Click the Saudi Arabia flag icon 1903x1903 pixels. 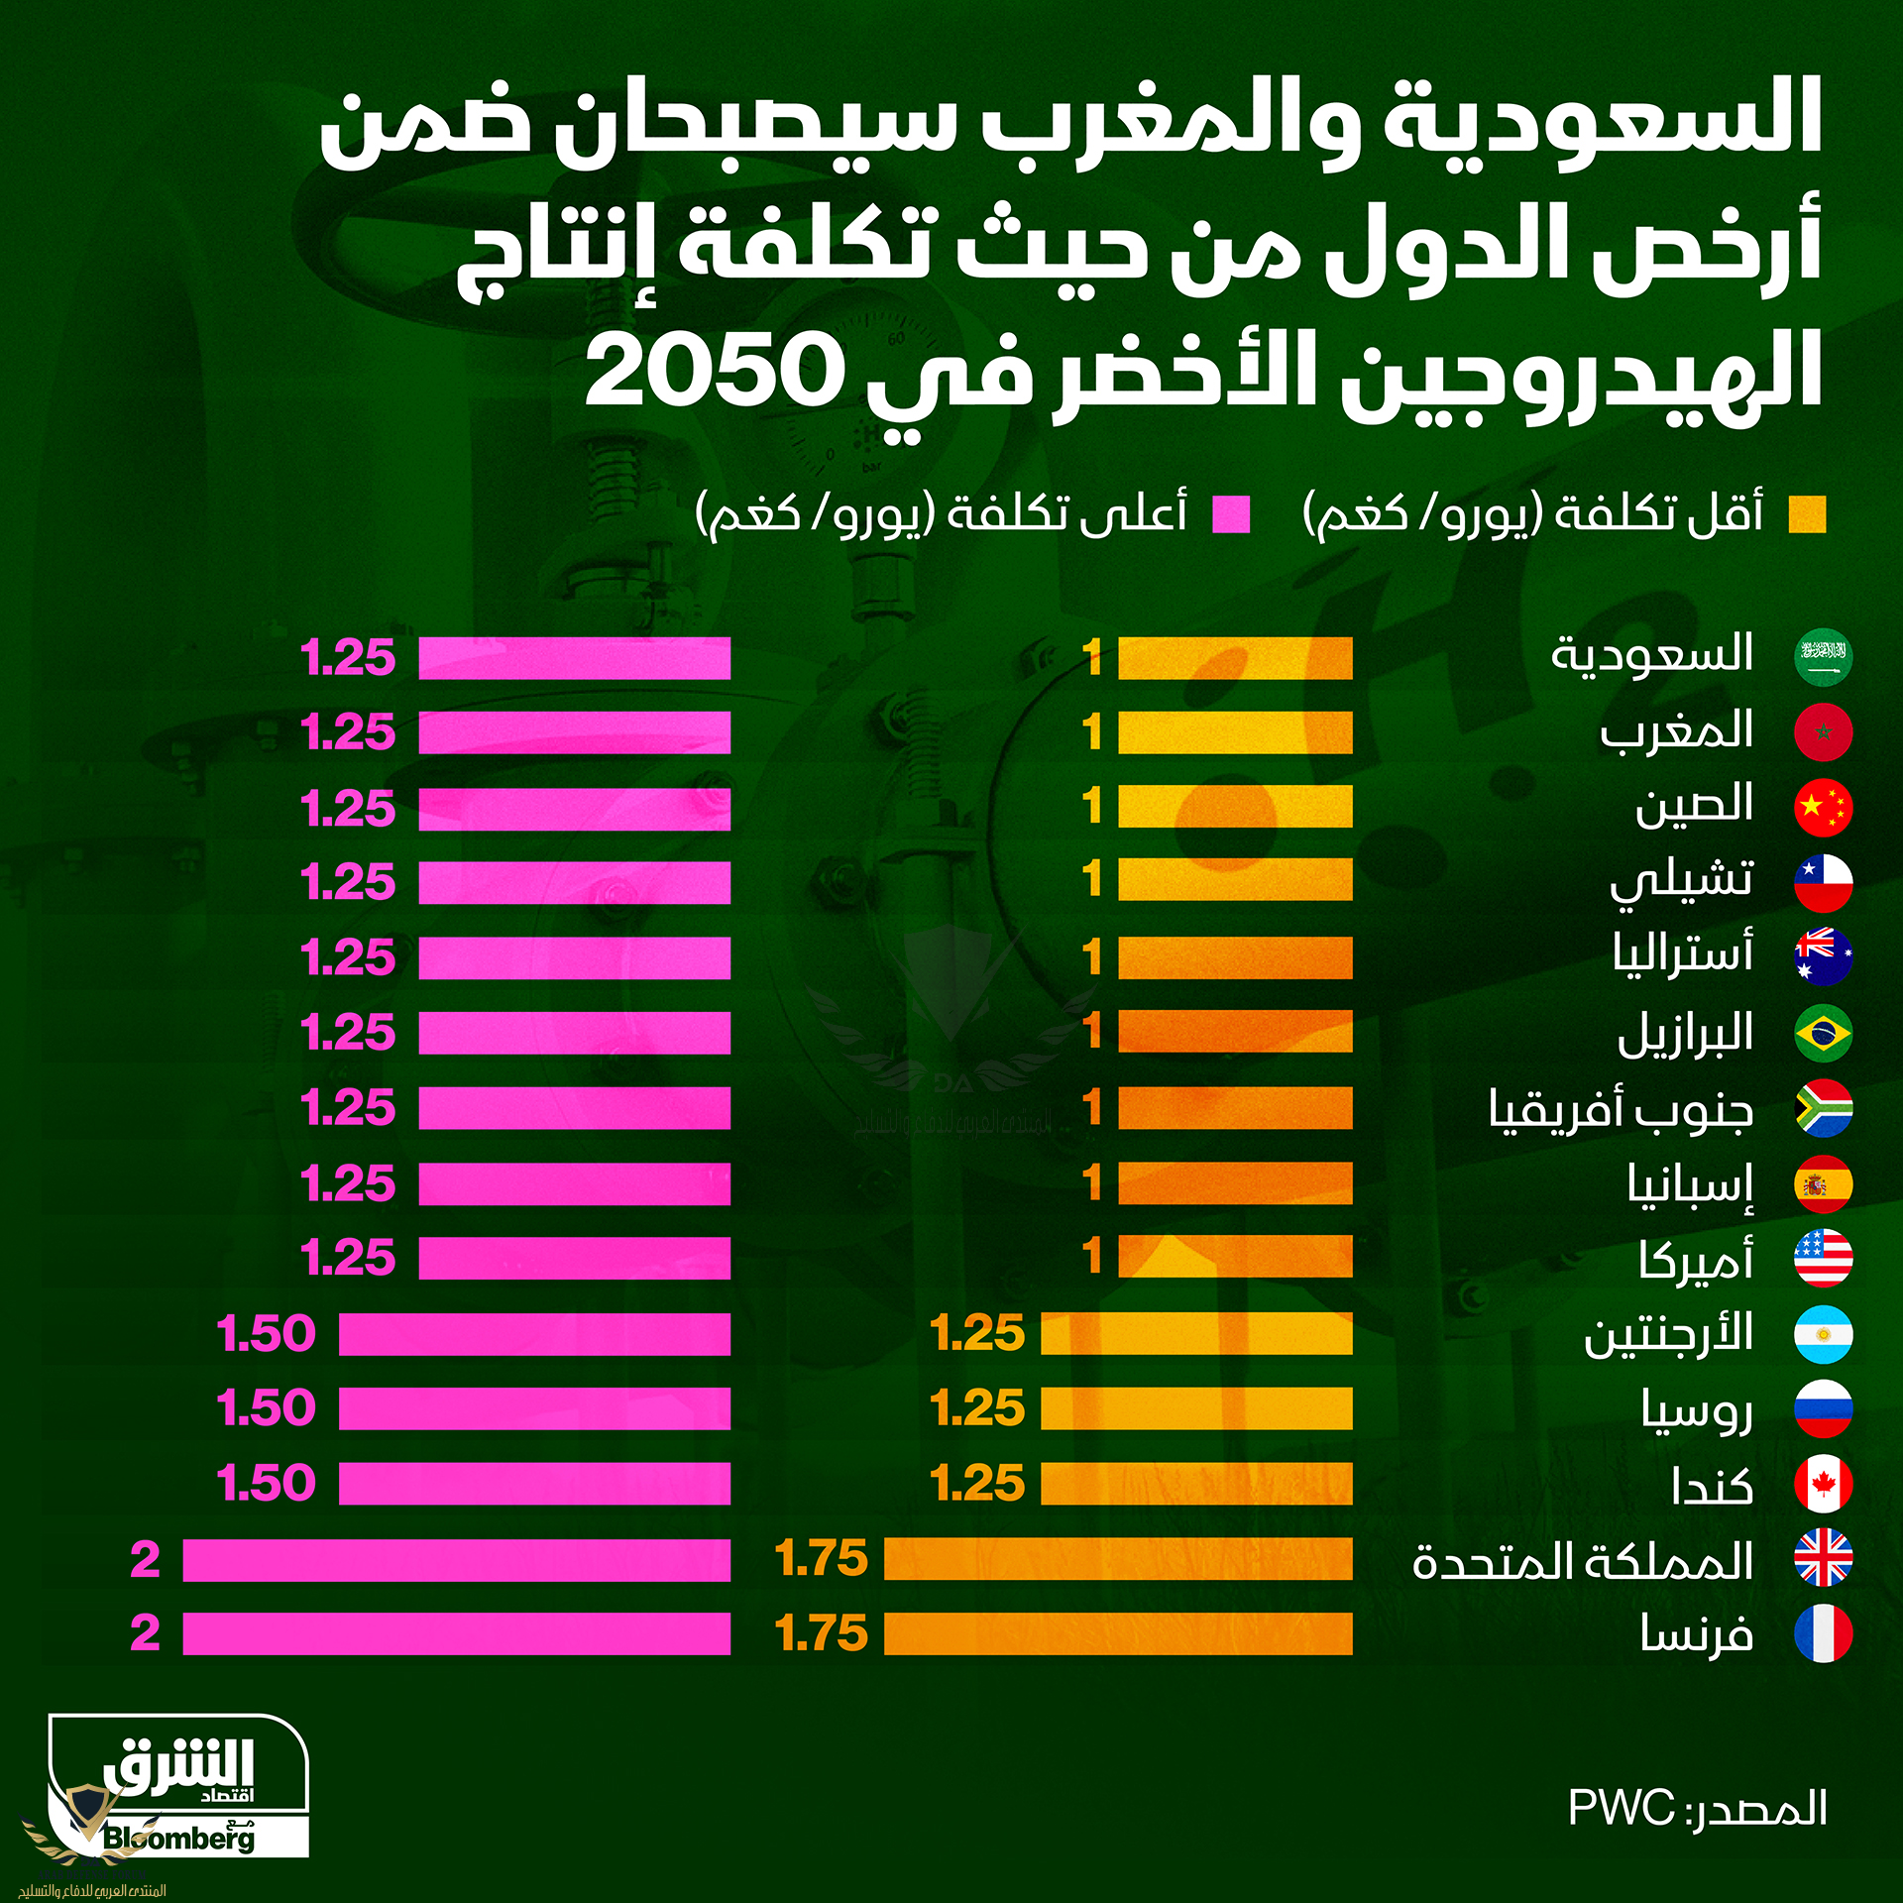(x=1823, y=657)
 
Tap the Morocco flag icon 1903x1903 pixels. (x=1823, y=732)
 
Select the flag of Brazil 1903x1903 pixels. (x=1823, y=1033)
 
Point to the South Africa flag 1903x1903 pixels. (x=1823, y=1108)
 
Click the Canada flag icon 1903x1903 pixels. (x=1823, y=1484)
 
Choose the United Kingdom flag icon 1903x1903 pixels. (x=1823, y=1558)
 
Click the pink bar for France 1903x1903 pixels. (x=456, y=1633)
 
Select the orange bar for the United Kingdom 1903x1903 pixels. (x=1117, y=1558)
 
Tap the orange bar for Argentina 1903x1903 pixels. (x=1195, y=1334)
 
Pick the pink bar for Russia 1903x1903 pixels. (x=533, y=1408)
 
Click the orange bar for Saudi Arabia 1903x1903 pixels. (x=1234, y=658)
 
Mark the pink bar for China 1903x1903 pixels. (x=573, y=808)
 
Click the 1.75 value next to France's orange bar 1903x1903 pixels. (x=821, y=1633)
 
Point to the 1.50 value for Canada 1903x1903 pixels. (x=266, y=1484)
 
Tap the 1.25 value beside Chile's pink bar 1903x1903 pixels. (x=348, y=882)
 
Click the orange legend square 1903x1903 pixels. (x=1806, y=515)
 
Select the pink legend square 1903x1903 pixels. (x=1231, y=515)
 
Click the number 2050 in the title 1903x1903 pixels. (x=714, y=372)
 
